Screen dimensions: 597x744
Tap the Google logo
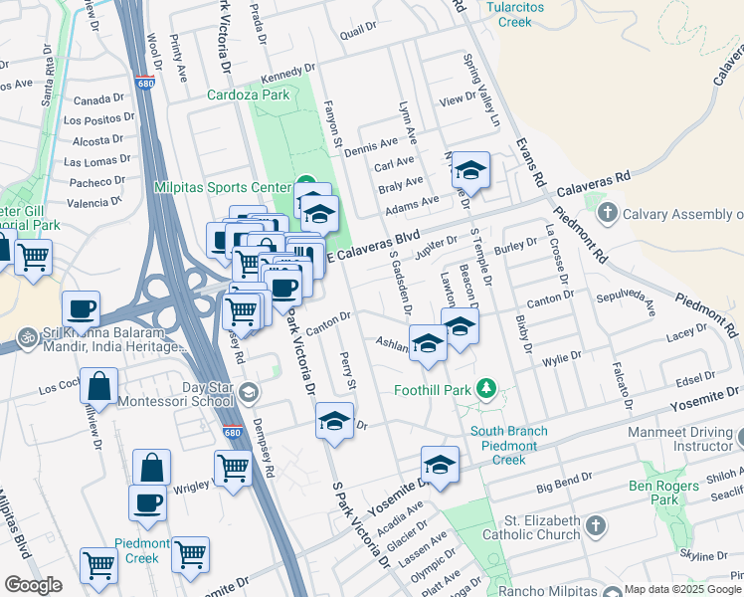(33, 584)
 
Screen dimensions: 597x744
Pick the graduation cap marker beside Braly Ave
(470, 171)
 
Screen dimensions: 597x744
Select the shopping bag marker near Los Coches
(99, 385)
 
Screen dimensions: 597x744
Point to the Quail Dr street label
(355, 33)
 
